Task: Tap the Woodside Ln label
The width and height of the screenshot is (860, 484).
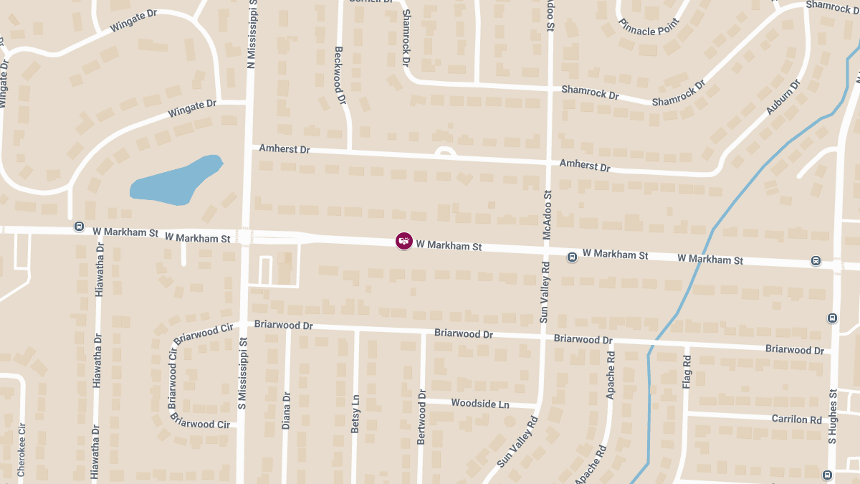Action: click(x=479, y=404)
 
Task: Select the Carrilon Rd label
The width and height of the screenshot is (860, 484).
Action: click(x=796, y=419)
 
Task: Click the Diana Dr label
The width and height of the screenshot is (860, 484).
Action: click(x=287, y=410)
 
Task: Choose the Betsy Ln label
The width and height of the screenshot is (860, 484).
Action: click(x=355, y=413)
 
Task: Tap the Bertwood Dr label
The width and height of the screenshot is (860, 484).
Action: click(x=421, y=417)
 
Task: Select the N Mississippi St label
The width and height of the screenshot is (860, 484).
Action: click(x=251, y=34)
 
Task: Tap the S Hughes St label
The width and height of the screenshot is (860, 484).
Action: click(x=833, y=417)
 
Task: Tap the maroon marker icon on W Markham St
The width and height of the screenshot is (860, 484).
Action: click(x=404, y=241)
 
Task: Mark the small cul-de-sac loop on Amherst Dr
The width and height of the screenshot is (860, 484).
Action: click(x=446, y=152)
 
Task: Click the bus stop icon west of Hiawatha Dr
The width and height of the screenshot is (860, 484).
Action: click(x=79, y=227)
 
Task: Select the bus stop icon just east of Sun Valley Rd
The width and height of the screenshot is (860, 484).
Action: click(x=572, y=257)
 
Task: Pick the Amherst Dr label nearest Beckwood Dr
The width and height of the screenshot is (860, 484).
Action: click(x=285, y=149)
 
